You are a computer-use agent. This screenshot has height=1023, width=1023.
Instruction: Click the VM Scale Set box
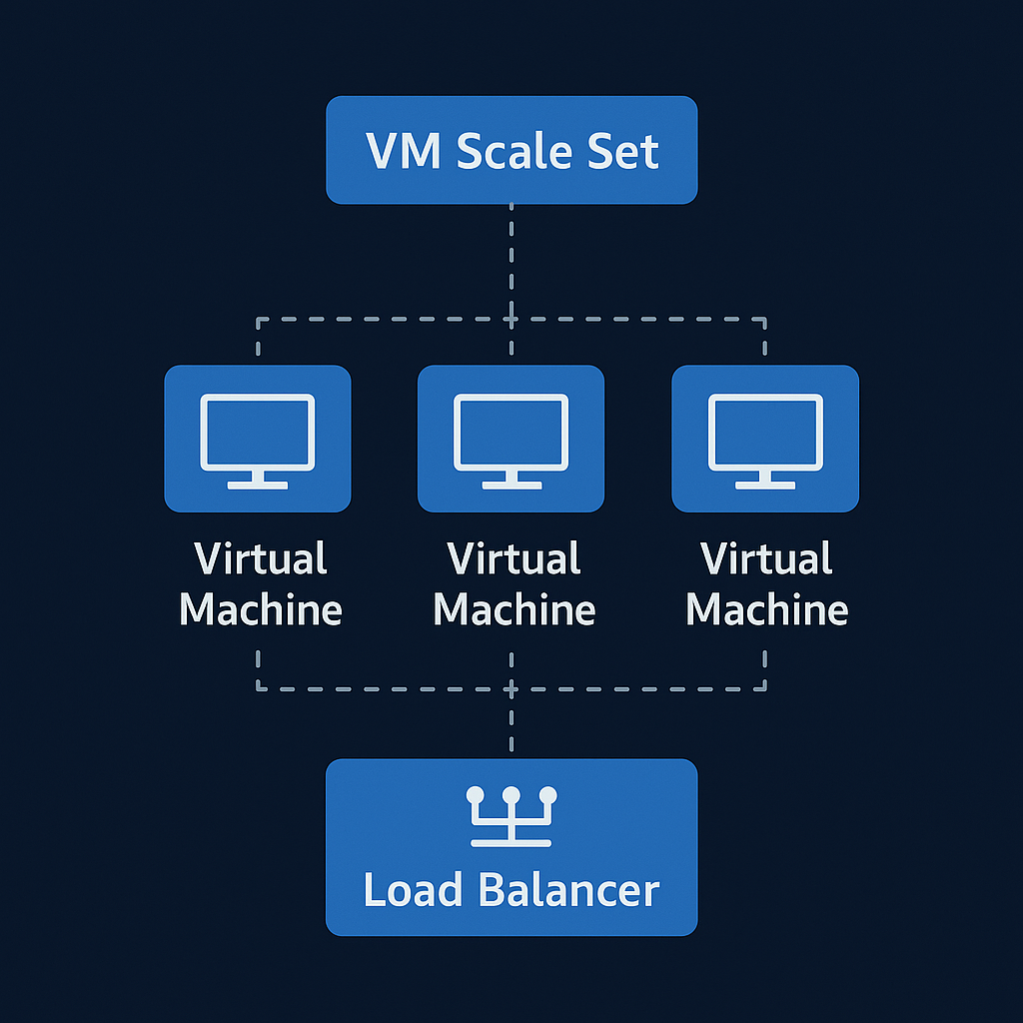[511, 150]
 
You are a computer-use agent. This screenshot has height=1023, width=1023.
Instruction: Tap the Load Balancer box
[511, 847]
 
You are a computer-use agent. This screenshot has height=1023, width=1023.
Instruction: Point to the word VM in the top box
[405, 152]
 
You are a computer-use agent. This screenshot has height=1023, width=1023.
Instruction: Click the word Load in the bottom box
[412, 889]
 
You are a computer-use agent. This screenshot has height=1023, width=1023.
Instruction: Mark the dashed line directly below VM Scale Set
[511, 260]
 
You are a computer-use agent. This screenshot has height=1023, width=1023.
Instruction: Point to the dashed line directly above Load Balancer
[511, 724]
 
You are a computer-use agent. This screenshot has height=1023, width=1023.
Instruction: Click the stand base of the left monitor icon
[258, 485]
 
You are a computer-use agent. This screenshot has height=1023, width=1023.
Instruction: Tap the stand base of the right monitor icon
[765, 485]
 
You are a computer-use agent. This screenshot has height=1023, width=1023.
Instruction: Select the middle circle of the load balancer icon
[511, 796]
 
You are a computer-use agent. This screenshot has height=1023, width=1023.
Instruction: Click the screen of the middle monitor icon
[511, 431]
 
